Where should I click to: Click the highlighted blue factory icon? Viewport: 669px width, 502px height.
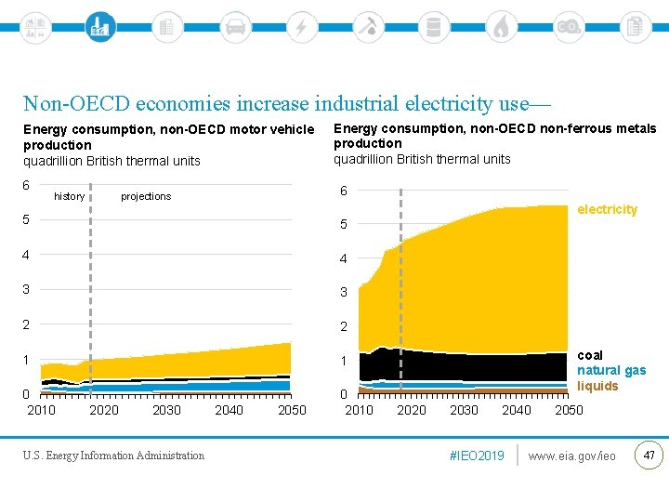(x=98, y=26)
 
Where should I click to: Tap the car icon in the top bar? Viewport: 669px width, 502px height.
(x=235, y=26)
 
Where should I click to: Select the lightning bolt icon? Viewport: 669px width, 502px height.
(x=301, y=26)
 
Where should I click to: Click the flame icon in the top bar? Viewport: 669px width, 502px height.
(x=501, y=26)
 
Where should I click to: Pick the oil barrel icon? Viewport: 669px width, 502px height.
(x=433, y=26)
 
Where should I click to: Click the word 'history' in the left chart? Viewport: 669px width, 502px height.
(x=70, y=196)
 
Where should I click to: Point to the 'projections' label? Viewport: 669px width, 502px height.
(x=146, y=196)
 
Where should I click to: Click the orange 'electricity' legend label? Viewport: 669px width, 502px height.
(x=607, y=209)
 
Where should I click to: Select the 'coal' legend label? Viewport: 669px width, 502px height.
(x=590, y=355)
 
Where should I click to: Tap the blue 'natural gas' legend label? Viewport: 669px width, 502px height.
(x=611, y=370)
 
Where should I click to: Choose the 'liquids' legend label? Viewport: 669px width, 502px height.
(x=597, y=386)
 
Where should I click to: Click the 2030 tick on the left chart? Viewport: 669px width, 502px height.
(x=166, y=410)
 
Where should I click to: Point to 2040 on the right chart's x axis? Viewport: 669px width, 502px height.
(x=517, y=410)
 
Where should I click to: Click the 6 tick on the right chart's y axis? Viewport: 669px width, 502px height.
(x=343, y=191)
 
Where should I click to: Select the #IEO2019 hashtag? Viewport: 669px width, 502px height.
(x=476, y=456)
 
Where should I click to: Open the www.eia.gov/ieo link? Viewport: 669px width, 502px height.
(x=571, y=456)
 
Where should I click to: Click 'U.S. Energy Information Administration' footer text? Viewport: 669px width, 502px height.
(x=114, y=456)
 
